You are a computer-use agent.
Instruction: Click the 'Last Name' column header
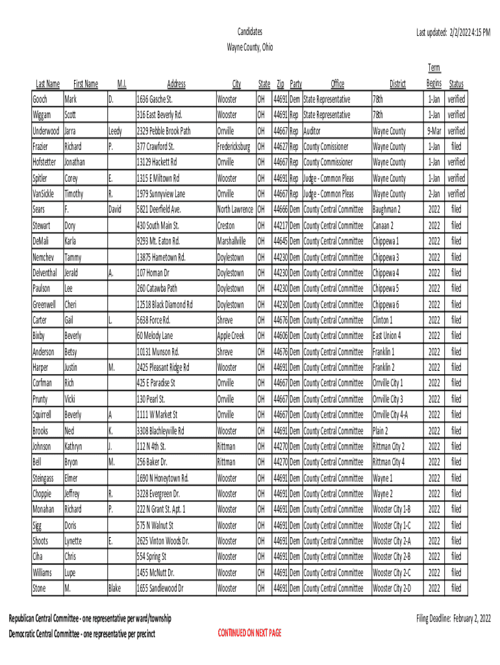pos(47,84)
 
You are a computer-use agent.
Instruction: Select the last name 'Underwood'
pos(46,131)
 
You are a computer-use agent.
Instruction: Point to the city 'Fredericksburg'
pos(235,147)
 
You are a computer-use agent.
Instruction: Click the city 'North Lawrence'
pos(236,210)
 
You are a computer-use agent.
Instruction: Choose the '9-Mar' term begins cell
pos(434,131)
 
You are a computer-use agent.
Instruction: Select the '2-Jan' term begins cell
pos(434,194)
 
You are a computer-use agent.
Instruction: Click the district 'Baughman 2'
pos(387,210)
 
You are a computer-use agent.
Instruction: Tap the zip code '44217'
pos(281,226)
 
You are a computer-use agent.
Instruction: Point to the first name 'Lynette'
pos(73,541)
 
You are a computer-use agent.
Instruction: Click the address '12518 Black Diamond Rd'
pos(164,305)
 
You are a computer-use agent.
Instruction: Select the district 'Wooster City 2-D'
pos(392,588)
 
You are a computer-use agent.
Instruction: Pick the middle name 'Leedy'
pos(115,131)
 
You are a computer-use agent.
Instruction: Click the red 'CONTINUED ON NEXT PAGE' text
pos(250,633)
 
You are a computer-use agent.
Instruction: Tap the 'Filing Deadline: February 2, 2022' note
pos(453,618)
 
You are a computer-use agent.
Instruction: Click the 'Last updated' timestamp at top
pos(453,31)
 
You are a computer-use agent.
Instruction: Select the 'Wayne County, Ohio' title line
pos(250,47)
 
